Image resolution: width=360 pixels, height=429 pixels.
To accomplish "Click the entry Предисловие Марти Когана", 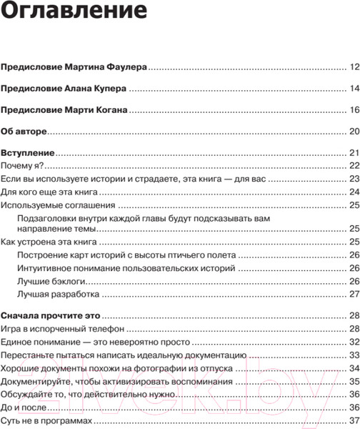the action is pos(65,110).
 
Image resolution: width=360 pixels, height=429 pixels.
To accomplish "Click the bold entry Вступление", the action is pos(28,153).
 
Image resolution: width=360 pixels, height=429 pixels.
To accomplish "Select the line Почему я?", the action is pos(21,165).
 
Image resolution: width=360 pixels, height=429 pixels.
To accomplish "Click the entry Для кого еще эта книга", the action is pos(49,192).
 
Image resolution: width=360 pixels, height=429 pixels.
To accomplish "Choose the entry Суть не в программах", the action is pos(47,420).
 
